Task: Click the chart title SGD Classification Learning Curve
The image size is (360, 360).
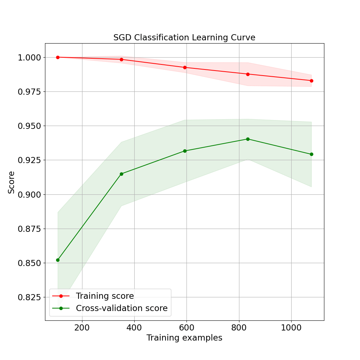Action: [184, 37]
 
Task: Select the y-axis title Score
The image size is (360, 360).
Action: [12, 182]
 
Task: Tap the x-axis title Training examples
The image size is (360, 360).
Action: [184, 338]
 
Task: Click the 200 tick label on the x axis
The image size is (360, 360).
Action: [82, 328]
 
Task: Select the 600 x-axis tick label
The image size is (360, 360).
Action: [186, 328]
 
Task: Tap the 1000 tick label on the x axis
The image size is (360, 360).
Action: [291, 328]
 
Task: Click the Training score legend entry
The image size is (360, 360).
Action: [105, 296]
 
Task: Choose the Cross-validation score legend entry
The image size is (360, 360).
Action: [122, 308]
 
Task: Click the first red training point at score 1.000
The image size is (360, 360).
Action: [58, 57]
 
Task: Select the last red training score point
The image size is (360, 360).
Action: [311, 81]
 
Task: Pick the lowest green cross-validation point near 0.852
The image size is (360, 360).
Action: [58, 260]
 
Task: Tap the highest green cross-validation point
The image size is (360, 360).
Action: [248, 139]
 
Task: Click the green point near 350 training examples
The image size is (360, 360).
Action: [121, 174]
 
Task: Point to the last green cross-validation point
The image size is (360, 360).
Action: [311, 154]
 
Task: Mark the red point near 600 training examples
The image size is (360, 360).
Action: [185, 67]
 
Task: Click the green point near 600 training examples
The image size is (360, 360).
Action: [185, 151]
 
